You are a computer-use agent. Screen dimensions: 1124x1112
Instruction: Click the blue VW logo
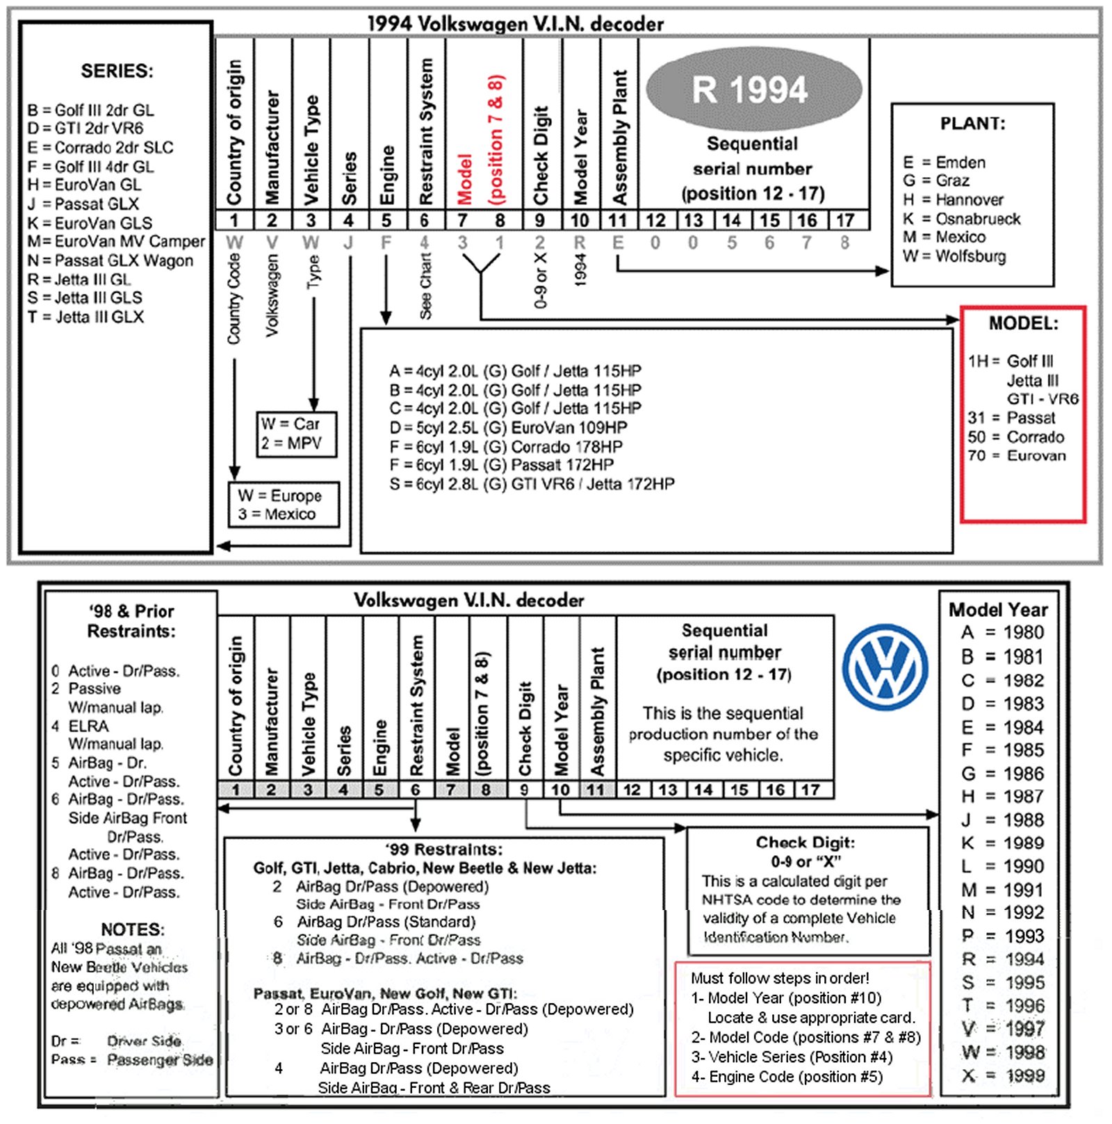coord(885,667)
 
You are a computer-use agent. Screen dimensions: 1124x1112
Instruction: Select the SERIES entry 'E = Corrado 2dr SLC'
coord(100,147)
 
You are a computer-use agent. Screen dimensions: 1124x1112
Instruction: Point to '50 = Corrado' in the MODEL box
coord(1015,437)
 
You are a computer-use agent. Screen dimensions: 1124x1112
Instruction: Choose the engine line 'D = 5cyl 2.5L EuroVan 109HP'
coord(508,427)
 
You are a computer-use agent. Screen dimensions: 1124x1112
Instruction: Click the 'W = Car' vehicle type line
coord(291,424)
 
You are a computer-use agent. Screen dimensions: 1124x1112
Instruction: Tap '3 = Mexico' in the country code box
coord(277,514)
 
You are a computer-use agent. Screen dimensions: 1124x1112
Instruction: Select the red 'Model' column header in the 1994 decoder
coord(464,179)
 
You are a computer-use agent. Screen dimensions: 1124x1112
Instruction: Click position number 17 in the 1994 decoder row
coord(844,221)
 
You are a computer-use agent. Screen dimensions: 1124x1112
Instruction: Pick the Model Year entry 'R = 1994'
coord(1002,959)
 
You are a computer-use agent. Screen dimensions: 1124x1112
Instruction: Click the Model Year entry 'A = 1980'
coord(1002,633)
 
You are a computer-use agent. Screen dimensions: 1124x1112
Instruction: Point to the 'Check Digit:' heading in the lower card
coord(806,843)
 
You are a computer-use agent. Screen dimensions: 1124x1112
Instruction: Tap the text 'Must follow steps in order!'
coord(780,978)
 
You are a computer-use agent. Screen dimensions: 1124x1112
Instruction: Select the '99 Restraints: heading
coord(444,850)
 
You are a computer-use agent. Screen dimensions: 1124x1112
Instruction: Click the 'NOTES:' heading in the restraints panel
coord(133,929)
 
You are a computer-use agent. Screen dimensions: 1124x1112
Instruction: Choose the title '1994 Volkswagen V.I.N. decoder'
coord(515,24)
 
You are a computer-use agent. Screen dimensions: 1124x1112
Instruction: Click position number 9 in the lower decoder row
coord(524,790)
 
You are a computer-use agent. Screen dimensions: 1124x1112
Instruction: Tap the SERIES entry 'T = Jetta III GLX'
coord(85,317)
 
